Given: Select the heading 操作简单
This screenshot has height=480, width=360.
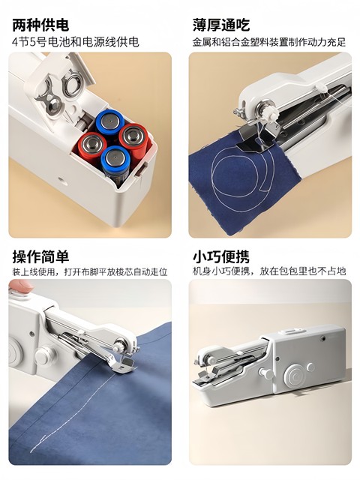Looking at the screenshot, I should [41, 256].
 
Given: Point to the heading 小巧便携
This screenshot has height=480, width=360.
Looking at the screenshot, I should [220, 256].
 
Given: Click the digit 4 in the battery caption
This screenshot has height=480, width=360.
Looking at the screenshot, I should [15, 42].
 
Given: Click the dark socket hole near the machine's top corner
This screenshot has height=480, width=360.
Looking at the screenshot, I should [322, 338].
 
